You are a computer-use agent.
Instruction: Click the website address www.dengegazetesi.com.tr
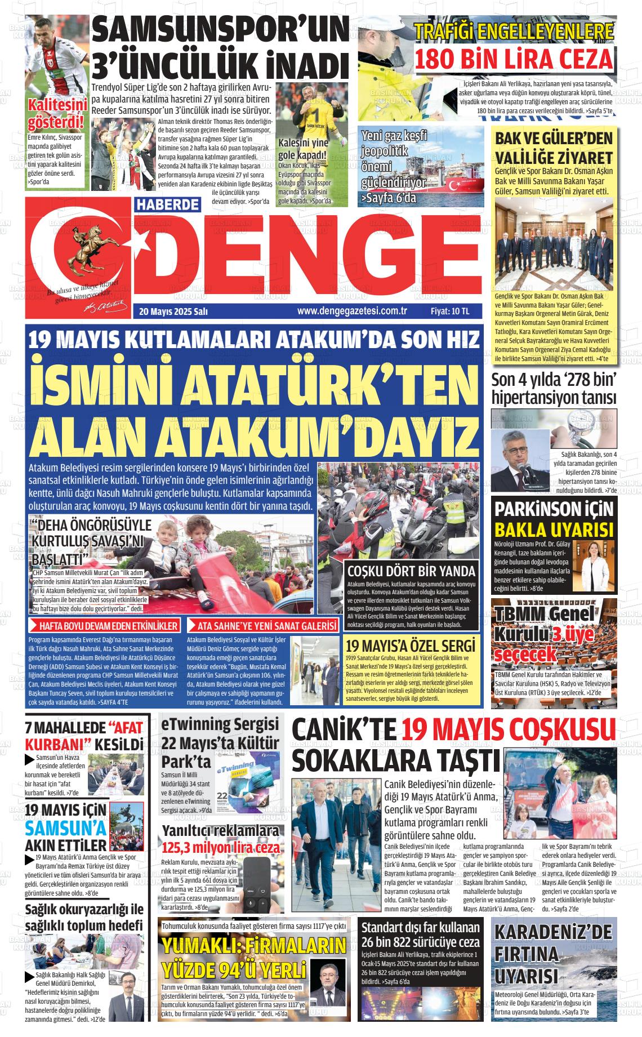[x=352, y=311]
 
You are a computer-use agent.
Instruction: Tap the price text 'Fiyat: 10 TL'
[x=449, y=311]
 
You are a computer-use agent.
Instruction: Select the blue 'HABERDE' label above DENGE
[x=168, y=204]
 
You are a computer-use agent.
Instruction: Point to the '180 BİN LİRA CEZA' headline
[x=514, y=59]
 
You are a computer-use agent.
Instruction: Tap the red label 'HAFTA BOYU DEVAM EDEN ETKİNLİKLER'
[x=104, y=626]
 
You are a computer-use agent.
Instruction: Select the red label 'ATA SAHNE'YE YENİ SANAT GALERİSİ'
[x=263, y=626]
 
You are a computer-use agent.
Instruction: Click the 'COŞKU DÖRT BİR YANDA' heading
[x=411, y=570]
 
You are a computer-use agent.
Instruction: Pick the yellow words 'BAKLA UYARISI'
[x=554, y=530]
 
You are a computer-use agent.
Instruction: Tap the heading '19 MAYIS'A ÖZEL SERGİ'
[x=411, y=646]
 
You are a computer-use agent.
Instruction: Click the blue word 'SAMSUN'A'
[x=65, y=827]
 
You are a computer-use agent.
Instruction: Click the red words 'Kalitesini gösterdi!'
[x=57, y=113]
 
